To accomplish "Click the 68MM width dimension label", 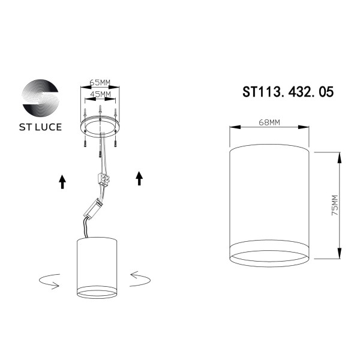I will coord(269,122).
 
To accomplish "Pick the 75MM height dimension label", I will coord(334,205).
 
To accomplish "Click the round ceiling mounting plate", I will coord(100,127).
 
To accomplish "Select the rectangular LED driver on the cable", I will coord(95,208).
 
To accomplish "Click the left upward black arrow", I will coord(62,182).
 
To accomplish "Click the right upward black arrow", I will coord(139,178).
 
